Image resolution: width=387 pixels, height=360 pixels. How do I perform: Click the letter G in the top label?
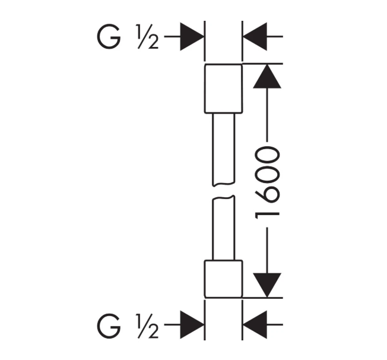[x=109, y=37]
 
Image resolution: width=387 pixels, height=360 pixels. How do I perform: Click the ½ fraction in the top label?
[x=147, y=37]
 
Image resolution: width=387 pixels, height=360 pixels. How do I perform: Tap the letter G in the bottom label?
[x=109, y=326]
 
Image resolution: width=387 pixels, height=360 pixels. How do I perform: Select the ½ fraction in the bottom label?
[x=147, y=326]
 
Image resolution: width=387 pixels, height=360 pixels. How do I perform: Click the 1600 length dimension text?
[x=267, y=183]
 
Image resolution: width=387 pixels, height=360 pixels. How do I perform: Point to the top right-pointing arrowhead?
[x=192, y=37]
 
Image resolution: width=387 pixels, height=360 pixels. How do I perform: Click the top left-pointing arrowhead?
[x=255, y=37]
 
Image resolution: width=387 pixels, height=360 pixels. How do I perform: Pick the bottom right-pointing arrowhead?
[x=192, y=325]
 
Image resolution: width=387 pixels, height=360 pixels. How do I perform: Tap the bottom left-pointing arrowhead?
[x=255, y=325]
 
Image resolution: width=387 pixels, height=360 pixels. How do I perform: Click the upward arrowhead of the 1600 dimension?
[x=267, y=76]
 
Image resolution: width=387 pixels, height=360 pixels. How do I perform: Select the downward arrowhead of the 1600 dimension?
[x=267, y=285]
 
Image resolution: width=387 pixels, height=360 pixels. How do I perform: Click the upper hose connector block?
[x=224, y=89]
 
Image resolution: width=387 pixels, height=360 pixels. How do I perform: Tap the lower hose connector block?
[x=224, y=279]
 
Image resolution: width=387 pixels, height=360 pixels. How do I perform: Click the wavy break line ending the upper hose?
[x=224, y=184]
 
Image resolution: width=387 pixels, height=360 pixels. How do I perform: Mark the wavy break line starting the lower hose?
[x=224, y=197]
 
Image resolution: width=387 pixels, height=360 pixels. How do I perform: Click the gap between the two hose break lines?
[x=224, y=191]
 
